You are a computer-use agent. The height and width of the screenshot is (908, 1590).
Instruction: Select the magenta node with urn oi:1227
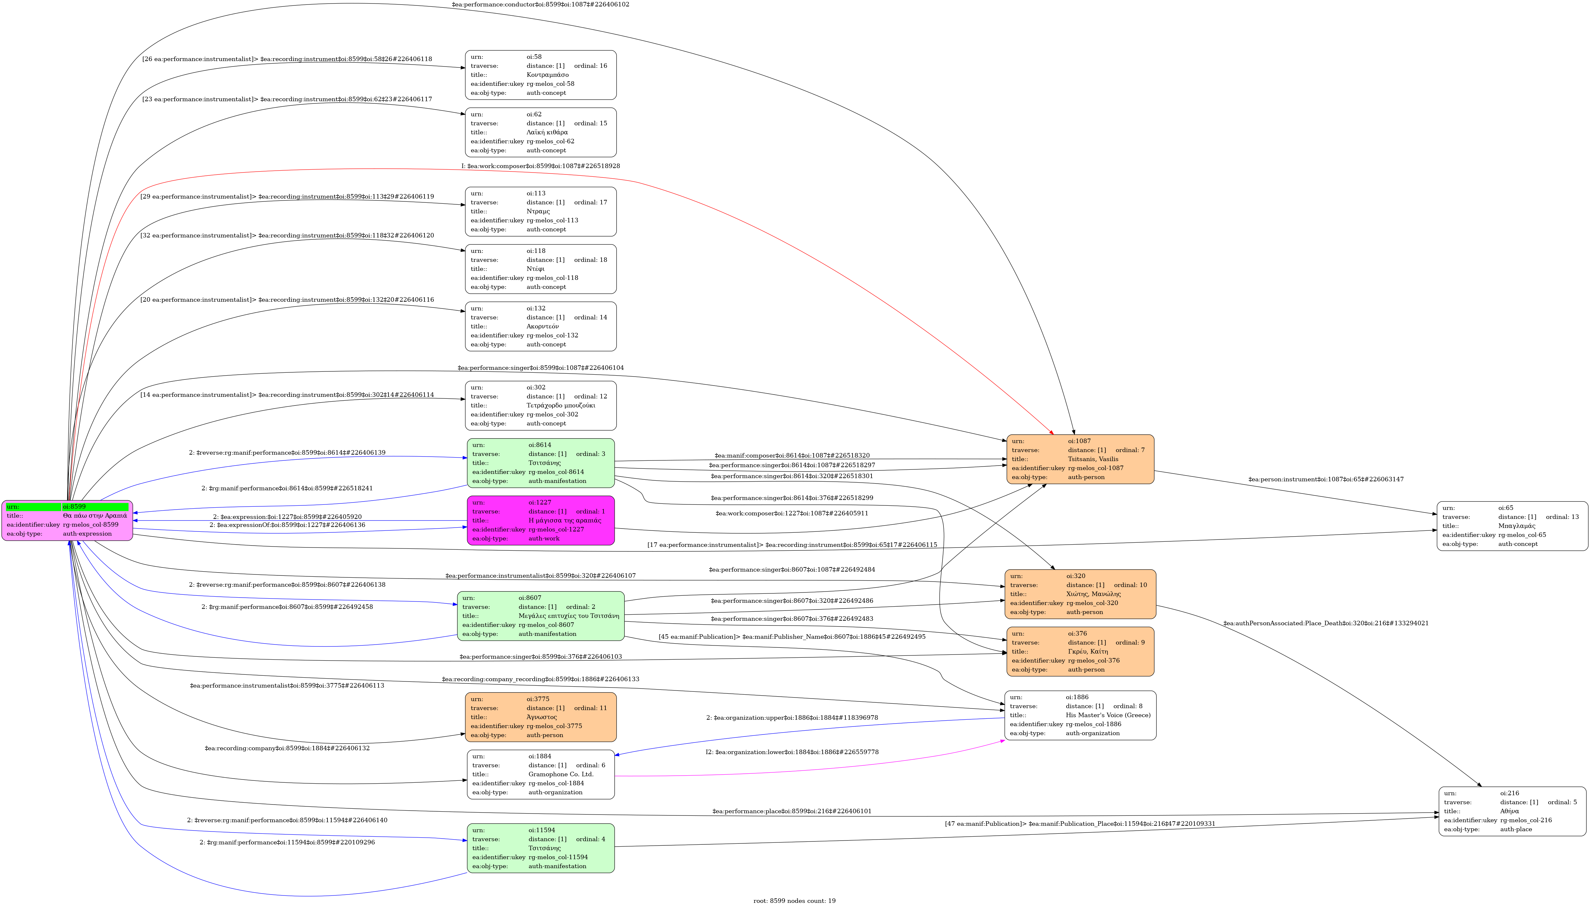[x=540, y=520]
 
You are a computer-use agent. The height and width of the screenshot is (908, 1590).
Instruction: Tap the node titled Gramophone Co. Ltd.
[x=540, y=774]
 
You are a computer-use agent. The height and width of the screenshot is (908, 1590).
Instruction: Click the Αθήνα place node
[x=1512, y=811]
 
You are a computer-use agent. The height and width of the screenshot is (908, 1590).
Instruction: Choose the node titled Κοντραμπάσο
[x=540, y=75]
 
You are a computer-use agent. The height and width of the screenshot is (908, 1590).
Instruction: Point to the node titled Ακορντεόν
[x=540, y=326]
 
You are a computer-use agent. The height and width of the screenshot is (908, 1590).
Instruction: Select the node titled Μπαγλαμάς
[x=1512, y=526]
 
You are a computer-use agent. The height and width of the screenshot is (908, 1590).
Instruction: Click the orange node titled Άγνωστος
[x=540, y=717]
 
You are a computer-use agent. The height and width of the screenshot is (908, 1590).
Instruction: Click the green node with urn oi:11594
[x=540, y=848]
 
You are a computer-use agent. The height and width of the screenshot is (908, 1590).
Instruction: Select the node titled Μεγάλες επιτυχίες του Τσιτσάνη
[x=540, y=616]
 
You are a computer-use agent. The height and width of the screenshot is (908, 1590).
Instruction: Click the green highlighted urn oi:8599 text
[x=95, y=506]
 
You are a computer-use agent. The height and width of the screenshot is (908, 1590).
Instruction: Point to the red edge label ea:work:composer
[x=540, y=166]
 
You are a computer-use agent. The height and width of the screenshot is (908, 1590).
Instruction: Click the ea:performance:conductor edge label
[x=540, y=4]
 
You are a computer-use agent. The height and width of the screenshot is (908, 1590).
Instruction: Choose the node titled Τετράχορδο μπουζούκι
[x=540, y=405]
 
